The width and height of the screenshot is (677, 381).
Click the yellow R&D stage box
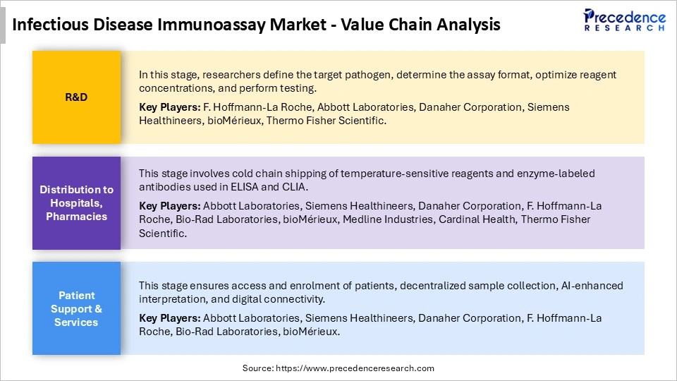pyautogui.click(x=76, y=97)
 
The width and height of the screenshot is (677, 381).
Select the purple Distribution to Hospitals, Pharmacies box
pyautogui.click(x=76, y=203)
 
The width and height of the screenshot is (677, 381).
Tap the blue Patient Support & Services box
pyautogui.click(x=76, y=308)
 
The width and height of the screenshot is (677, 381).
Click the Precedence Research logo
pyautogui.click(x=624, y=20)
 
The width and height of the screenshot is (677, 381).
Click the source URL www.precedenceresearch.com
pyautogui.click(x=354, y=368)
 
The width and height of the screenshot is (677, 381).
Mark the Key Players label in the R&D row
pyautogui.click(x=169, y=107)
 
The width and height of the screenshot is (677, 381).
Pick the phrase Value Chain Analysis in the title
pyautogui.click(x=421, y=25)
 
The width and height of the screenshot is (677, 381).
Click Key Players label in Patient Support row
pyautogui.click(x=169, y=318)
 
